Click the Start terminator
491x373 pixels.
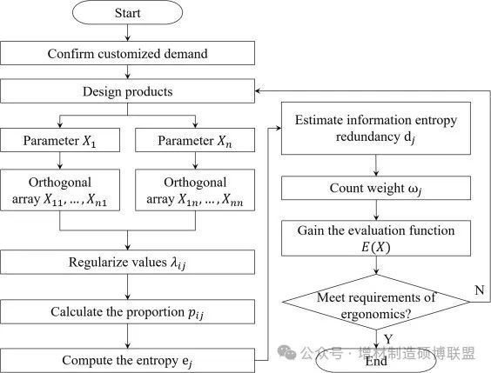127,13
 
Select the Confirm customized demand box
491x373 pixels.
127,53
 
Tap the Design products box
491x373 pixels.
127,91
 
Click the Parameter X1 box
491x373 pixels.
60,140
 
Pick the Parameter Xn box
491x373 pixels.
195,140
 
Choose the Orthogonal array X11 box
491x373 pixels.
60,190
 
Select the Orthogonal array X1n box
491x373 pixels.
195,190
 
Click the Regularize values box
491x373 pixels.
127,262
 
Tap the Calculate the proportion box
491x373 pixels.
127,312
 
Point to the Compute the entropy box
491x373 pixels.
127,361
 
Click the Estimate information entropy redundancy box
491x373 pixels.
376,128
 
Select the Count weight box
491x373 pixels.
376,188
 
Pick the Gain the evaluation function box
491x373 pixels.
376,238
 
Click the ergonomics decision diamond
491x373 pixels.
376,302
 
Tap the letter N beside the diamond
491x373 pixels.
480,290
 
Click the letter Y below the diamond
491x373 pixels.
388,339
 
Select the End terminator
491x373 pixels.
376,362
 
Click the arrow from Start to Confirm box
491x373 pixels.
127,32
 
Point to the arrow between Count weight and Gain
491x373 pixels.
376,210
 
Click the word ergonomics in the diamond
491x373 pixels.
376,314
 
